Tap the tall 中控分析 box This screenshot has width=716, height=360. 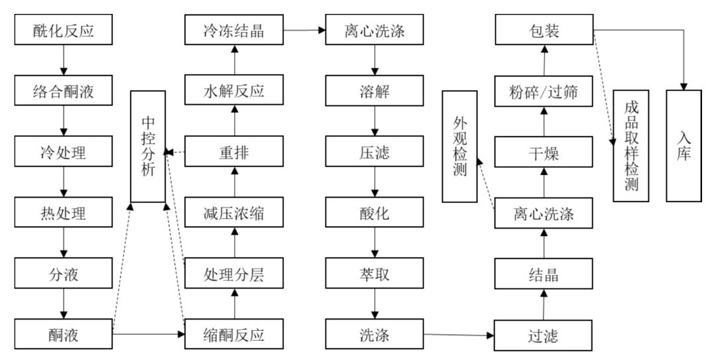(x=148, y=147)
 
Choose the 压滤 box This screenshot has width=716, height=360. (x=375, y=152)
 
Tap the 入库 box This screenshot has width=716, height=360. (x=684, y=146)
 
